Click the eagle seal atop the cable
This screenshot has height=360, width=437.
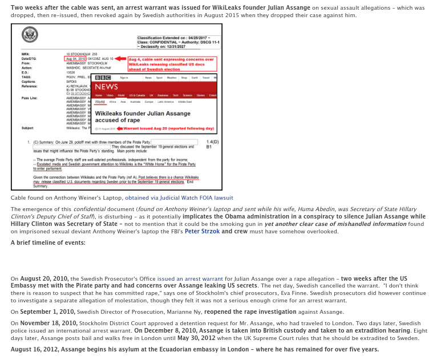pyautogui.click(x=30, y=35)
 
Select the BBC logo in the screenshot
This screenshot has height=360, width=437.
pyautogui.click(x=103, y=78)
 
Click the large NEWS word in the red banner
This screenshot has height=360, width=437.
pyautogui.click(x=106, y=87)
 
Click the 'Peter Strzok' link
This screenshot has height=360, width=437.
pyautogui.click(x=203, y=231)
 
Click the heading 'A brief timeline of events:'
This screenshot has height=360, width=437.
pyautogui.click(x=48, y=242)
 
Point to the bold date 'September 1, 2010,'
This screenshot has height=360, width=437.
pyautogui.click(x=47, y=312)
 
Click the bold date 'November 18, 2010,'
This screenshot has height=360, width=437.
pyautogui.click(x=47, y=323)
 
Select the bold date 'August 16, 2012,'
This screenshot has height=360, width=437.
pyautogui.click(x=41, y=349)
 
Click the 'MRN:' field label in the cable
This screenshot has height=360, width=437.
pyautogui.click(x=25, y=54)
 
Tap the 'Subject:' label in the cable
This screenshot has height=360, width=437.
pyautogui.click(x=27, y=128)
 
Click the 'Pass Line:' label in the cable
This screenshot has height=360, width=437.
pyautogui.click(x=29, y=98)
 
